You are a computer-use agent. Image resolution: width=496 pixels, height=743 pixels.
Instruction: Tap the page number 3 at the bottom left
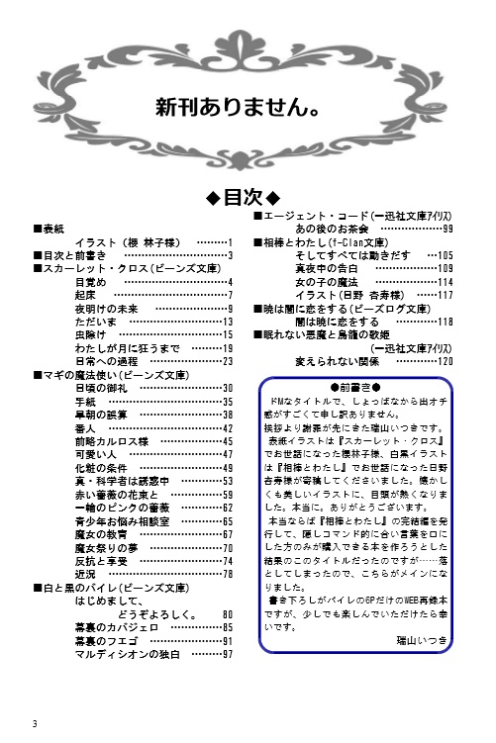pyautogui.click(x=35, y=720)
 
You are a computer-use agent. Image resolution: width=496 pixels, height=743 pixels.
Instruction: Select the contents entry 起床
pyautogui.click(x=85, y=295)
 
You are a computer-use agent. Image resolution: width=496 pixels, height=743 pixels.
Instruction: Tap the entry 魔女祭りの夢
pyautogui.click(x=106, y=547)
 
